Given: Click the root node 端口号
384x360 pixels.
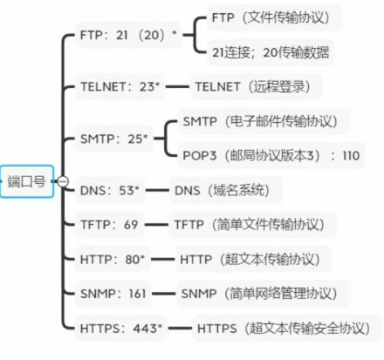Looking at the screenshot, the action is coord(27,181).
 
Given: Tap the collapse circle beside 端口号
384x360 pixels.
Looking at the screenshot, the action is coord(63,181).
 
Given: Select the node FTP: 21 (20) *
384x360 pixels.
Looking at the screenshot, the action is coord(128,35).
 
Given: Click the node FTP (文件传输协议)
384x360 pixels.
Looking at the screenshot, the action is coord(274,17).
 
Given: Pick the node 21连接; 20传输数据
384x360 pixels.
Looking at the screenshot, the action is coord(271,52).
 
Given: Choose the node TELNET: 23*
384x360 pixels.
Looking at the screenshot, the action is coord(120,86).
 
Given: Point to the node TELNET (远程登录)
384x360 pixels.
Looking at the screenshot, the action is coord(256,86).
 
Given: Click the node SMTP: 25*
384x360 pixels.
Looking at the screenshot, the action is coord(114,139).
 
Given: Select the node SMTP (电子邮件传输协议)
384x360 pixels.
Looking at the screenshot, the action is coord(264,121).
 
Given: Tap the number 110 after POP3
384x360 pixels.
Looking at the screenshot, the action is coord(351,156).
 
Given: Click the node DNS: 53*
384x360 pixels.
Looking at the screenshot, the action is coord(110,190).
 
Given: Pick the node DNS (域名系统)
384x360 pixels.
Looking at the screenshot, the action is coord(226,190).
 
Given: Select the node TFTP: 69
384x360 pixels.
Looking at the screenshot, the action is coord(109,225).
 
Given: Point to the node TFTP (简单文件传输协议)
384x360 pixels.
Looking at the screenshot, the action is coord(252,225).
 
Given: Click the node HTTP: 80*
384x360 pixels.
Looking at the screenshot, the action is coord(113,259).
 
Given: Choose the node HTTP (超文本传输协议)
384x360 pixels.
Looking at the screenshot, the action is coord(253,259).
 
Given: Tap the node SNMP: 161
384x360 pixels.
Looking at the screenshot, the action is coord(113,294).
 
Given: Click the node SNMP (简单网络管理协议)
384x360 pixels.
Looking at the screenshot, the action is coord(263,294).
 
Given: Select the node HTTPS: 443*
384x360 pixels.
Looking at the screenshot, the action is coord(121,329).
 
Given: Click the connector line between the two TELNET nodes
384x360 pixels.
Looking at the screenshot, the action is coord(177,86).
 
